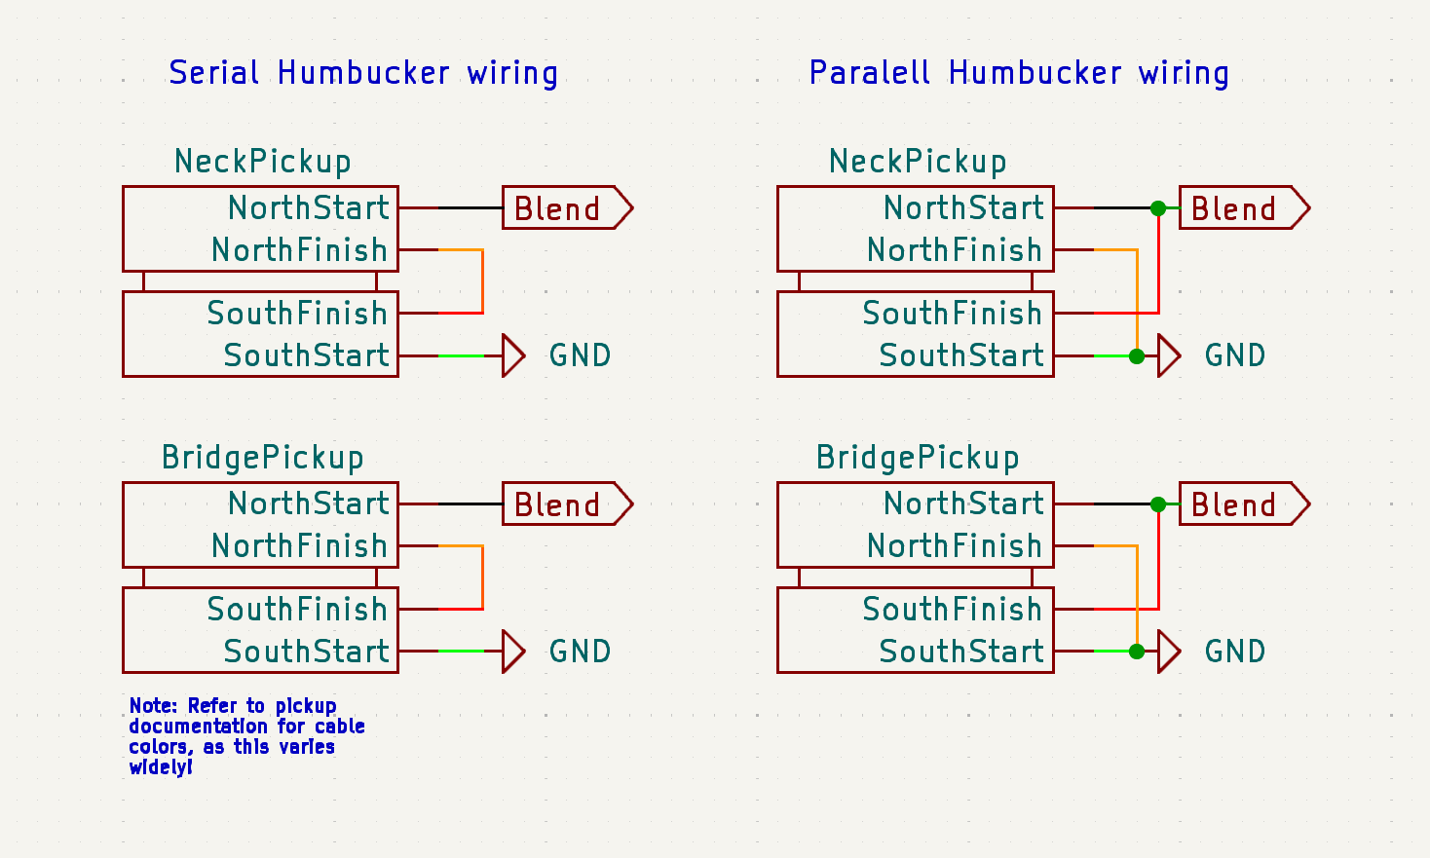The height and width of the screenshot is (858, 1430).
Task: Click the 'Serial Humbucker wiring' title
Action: pyautogui.click(x=363, y=73)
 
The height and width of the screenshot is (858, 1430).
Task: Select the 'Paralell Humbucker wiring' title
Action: pyautogui.click(x=1019, y=73)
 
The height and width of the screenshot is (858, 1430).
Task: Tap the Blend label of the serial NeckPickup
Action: pyautogui.click(x=567, y=207)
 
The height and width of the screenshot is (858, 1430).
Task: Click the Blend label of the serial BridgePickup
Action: pyautogui.click(x=567, y=504)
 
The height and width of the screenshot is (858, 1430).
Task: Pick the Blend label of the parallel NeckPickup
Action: pyautogui.click(x=1244, y=207)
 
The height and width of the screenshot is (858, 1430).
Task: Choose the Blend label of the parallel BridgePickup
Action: pyautogui.click(x=1244, y=504)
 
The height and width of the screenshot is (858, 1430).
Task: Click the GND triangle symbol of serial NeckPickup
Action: pyautogui.click(x=513, y=355)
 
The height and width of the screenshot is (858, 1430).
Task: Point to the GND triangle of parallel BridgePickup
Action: pyautogui.click(x=1168, y=652)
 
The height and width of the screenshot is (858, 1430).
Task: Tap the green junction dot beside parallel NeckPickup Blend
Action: pyautogui.click(x=1158, y=208)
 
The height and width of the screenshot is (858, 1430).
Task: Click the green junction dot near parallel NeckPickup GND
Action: pyautogui.click(x=1137, y=356)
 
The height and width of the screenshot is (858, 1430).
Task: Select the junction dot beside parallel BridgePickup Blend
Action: pyautogui.click(x=1158, y=504)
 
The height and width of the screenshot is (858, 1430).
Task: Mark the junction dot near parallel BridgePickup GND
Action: pyautogui.click(x=1137, y=652)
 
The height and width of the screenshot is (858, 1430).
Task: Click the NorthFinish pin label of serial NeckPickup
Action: pyautogui.click(x=299, y=249)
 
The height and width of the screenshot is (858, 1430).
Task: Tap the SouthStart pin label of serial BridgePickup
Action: pyautogui.click(x=306, y=652)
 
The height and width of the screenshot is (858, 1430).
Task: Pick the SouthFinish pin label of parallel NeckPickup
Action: pyautogui.click(x=952, y=314)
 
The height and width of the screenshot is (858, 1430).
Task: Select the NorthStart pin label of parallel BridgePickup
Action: pyautogui.click(x=963, y=504)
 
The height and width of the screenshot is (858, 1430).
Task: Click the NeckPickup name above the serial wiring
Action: pyautogui.click(x=262, y=162)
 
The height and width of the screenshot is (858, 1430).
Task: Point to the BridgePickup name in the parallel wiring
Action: pyautogui.click(x=918, y=458)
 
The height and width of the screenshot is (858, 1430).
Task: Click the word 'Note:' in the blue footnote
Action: pyautogui.click(x=153, y=705)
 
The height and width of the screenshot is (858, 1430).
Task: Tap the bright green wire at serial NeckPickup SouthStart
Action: pyautogui.click(x=461, y=355)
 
